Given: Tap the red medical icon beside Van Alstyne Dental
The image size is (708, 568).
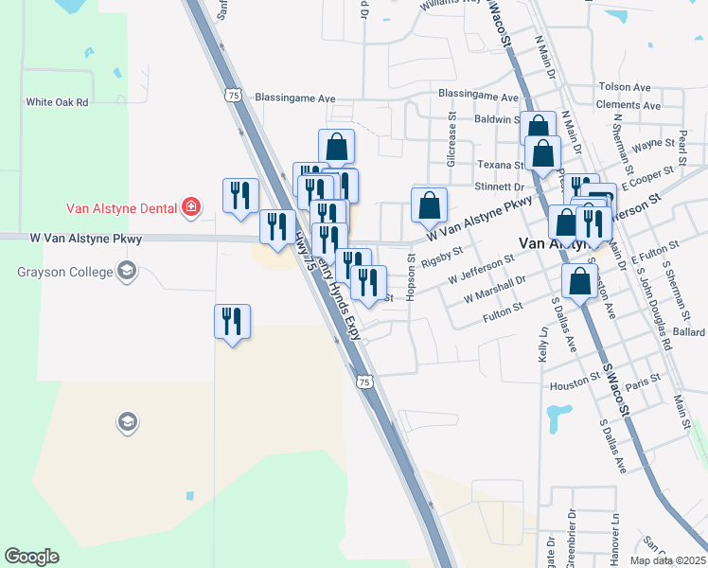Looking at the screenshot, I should pyautogui.click(x=191, y=206).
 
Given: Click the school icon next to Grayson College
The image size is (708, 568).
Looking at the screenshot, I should pyautogui.click(x=126, y=273).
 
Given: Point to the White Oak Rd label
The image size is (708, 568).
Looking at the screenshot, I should pyautogui.click(x=57, y=102).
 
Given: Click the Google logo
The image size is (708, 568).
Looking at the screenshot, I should pyautogui.click(x=31, y=557).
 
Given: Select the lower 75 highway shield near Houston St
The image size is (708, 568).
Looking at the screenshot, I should pyautogui.click(x=364, y=381).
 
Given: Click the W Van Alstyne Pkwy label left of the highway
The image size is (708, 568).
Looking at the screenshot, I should pyautogui.click(x=85, y=240).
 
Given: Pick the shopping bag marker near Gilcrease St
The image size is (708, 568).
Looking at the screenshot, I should pyautogui.click(x=429, y=204).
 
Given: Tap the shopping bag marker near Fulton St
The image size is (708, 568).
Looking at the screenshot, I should pyautogui.click(x=578, y=280).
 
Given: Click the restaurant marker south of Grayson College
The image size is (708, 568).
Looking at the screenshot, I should pyautogui.click(x=232, y=322).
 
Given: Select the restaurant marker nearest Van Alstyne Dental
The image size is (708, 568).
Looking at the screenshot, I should pyautogui.click(x=240, y=195).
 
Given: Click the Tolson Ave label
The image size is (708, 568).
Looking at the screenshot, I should pyautogui.click(x=625, y=87).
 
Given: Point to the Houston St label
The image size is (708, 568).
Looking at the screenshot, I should pyautogui.click(x=569, y=386).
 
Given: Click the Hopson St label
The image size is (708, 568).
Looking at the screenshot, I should pyautogui.click(x=411, y=276).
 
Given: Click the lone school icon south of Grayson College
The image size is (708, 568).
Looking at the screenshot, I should pyautogui.click(x=128, y=421).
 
